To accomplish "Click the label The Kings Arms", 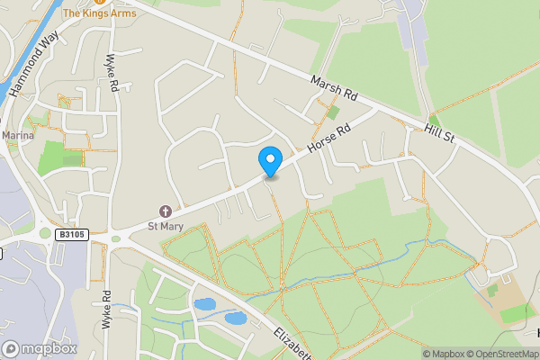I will [100, 13].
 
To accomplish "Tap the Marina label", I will [17, 135].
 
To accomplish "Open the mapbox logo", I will [40, 347].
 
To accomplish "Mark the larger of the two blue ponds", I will [204, 304].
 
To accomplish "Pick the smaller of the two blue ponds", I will [235, 318].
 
